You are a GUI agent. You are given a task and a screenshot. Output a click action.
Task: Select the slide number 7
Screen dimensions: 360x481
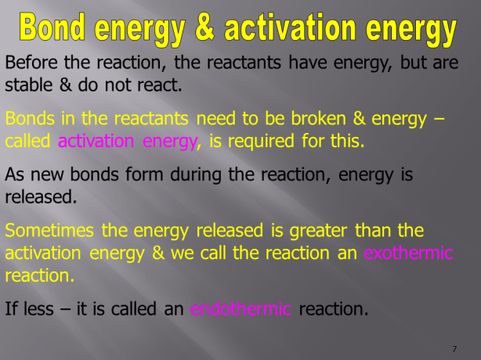coord(454,348)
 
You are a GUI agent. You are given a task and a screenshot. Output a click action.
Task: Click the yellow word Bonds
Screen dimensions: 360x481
coord(28,119)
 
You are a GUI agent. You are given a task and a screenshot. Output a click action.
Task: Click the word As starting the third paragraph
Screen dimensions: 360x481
coord(16,176)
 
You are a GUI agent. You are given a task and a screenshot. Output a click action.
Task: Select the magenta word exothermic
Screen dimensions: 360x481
coord(409,254)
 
